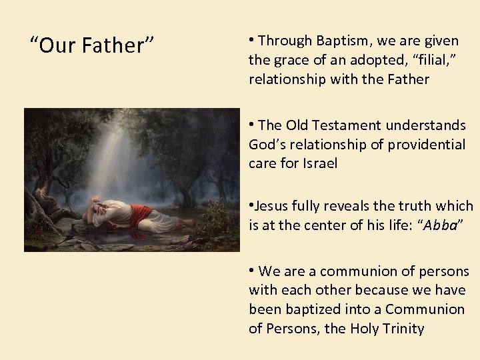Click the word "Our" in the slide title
pyautogui.click(x=59, y=46)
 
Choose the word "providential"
pyautogui.click(x=427, y=145)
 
